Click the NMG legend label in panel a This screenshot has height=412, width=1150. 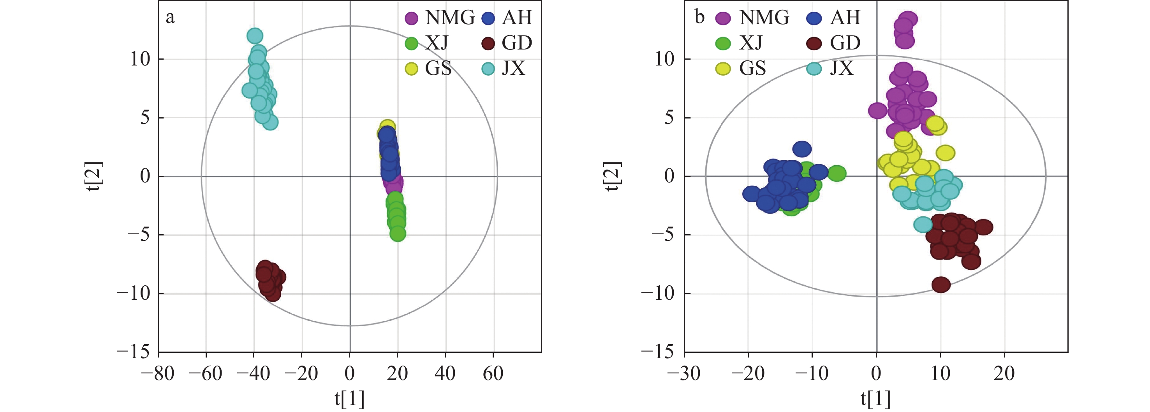449,18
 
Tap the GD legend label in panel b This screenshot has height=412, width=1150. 845,43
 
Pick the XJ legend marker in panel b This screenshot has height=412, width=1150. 723,43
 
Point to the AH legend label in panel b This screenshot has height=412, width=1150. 845,18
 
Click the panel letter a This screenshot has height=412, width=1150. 170,18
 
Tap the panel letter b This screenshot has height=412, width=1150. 699,18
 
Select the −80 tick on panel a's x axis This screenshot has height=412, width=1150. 158,373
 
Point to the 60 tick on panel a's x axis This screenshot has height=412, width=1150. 493,373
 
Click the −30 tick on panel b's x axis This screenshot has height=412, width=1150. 683,373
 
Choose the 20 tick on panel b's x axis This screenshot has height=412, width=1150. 1004,373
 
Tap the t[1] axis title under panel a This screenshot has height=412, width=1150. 350,399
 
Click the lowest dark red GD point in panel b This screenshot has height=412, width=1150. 940,285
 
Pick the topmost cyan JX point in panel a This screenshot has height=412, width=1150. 254,36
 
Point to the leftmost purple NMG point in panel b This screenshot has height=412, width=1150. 878,110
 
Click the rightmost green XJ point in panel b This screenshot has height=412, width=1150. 837,173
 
